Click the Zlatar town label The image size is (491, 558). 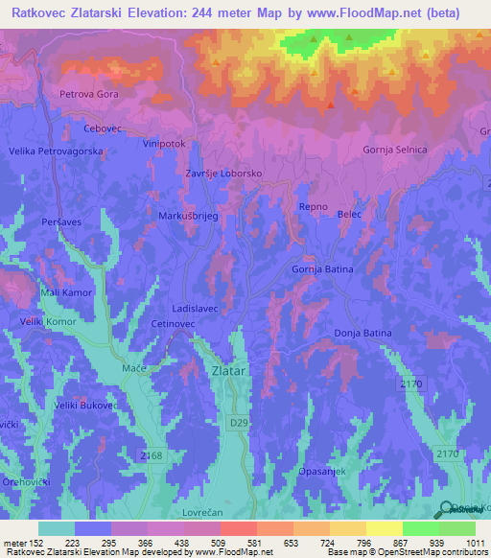click(227, 369)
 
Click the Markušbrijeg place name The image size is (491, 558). click(189, 217)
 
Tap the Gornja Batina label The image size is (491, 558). click(322, 269)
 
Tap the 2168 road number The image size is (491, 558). click(151, 456)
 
